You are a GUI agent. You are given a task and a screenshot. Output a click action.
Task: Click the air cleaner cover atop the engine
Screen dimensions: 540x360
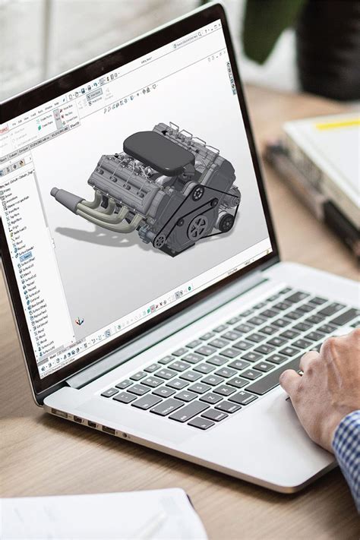pyautogui.click(x=158, y=150)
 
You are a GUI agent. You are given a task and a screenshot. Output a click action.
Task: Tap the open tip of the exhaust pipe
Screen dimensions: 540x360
pyautogui.click(x=55, y=192)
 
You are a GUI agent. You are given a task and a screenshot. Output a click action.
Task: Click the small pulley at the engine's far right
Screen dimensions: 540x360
pyautogui.click(x=226, y=222)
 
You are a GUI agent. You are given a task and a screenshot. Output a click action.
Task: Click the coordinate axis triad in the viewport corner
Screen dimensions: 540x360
pyautogui.click(x=80, y=321)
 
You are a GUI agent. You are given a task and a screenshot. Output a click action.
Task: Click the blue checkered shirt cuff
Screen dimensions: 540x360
pyautogui.click(x=348, y=448)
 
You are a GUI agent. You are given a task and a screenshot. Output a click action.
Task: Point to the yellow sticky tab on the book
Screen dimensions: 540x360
pyautogui.click(x=339, y=123)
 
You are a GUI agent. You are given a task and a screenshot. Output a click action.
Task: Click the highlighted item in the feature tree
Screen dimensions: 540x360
pyautogui.click(x=26, y=256)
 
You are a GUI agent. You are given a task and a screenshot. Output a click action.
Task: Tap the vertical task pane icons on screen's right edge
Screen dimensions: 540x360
pyautogui.click(x=230, y=68)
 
